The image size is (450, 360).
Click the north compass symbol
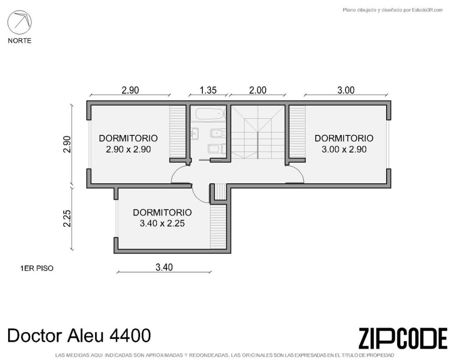[19, 22]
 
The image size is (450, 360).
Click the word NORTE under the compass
[19, 41]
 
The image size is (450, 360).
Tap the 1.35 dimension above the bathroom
[208, 90]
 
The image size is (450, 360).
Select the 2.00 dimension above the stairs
[257, 90]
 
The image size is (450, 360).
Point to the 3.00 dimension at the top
[346, 90]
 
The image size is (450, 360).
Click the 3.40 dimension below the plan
[164, 267]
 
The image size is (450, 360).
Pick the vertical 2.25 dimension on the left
[67, 219]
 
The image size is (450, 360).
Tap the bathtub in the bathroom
[209, 114]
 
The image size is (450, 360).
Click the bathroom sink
[195, 134]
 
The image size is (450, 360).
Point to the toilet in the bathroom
[216, 149]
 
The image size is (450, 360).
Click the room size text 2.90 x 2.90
[128, 149]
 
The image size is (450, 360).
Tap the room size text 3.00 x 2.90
[344, 149]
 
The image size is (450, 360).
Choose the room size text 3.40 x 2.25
[162, 224]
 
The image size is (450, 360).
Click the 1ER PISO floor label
[37, 269]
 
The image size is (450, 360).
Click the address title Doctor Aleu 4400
[79, 335]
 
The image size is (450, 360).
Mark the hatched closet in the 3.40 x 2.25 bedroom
[219, 226]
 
